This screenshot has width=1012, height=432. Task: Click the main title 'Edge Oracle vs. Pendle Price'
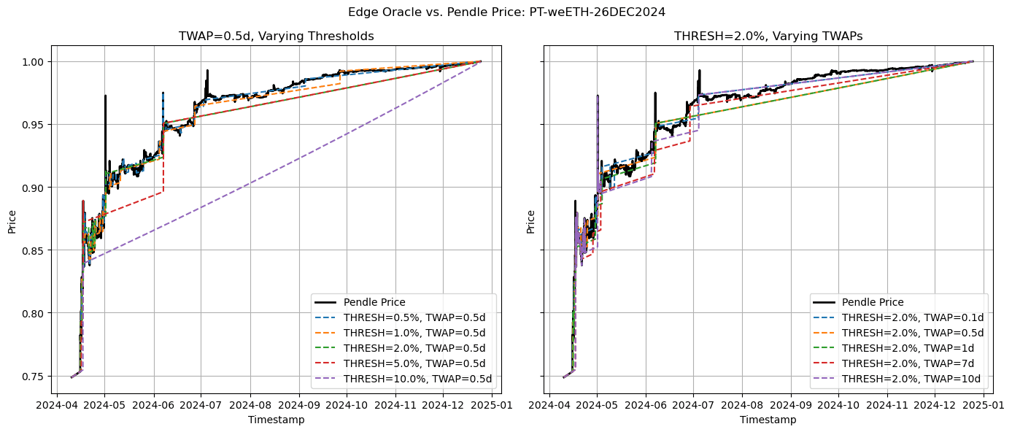point(506,12)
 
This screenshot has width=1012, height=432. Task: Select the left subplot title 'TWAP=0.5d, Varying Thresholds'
point(277,36)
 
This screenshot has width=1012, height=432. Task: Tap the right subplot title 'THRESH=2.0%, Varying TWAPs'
point(768,36)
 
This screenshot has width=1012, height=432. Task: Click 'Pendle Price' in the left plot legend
point(374,302)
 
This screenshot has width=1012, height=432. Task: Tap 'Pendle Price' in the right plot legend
point(873,302)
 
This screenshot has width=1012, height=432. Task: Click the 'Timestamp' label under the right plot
point(768,420)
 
